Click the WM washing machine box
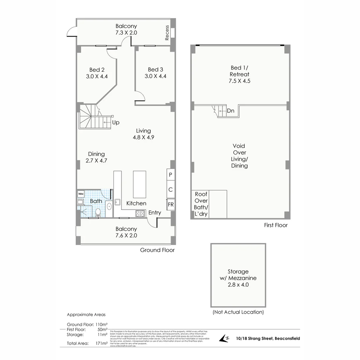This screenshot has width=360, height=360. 81,194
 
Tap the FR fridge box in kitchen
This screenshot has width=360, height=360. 170,204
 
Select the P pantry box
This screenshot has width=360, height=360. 170,175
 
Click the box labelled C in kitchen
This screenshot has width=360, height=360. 170,190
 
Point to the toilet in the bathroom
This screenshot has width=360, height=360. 98,212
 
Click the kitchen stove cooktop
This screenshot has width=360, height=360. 140,213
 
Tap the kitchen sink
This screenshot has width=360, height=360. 117,202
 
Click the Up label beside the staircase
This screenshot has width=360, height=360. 116,122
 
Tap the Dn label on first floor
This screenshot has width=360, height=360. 231,111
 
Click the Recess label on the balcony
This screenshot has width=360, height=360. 167,33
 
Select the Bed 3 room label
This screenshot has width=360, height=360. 156,70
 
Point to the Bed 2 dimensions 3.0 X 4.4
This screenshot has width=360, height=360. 97,76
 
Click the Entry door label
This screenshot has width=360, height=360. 155,213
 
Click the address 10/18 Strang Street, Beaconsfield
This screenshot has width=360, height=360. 268,338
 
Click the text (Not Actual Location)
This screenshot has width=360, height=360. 238,312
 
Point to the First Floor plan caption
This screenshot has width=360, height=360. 276,225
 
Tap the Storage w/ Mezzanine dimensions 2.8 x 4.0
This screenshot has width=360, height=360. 238,285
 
